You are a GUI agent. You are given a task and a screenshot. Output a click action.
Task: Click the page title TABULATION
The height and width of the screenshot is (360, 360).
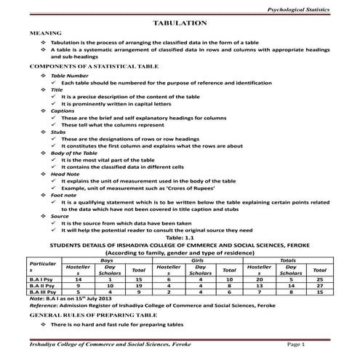180,24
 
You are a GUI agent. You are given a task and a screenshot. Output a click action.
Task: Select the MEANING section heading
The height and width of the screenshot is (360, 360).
44,34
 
